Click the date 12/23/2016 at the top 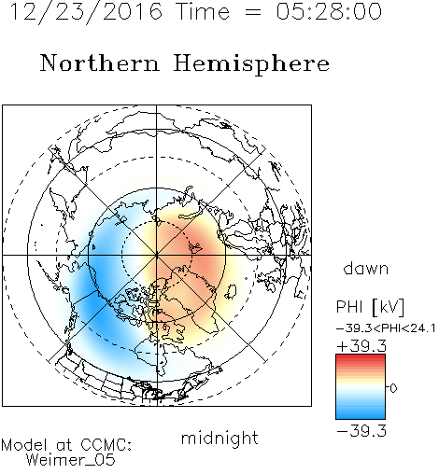pyautogui.click(x=86, y=12)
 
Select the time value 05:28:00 pyautogui.click(x=329, y=11)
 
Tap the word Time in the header pyautogui.click(x=203, y=11)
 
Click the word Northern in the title pyautogui.click(x=100, y=63)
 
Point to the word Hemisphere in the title pyautogui.click(x=251, y=64)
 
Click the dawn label pyautogui.click(x=366, y=269)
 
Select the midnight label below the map pyautogui.click(x=219, y=438)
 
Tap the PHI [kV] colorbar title pyautogui.click(x=370, y=307)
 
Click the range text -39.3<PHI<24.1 pyautogui.click(x=386, y=328)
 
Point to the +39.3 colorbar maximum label pyautogui.click(x=361, y=346)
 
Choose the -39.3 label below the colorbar pyautogui.click(x=361, y=431)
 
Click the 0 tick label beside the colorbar pyautogui.click(x=393, y=388)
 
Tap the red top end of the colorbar pyautogui.click(x=361, y=357)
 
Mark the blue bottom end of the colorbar pyautogui.click(x=361, y=416)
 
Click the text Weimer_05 pyautogui.click(x=71, y=460)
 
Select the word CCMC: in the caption pyautogui.click(x=106, y=445)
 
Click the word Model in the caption pyautogui.click(x=24, y=445)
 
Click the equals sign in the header pyautogui.click(x=253, y=12)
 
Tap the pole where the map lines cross pyautogui.click(x=157, y=255)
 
